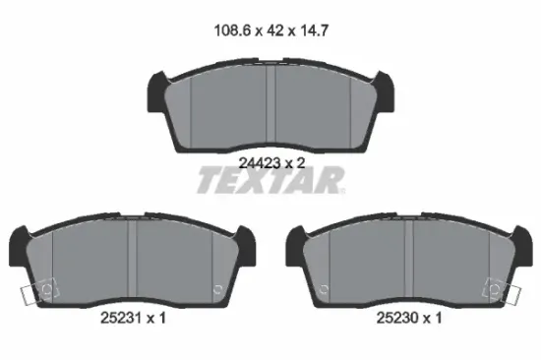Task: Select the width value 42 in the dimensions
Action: (x=275, y=30)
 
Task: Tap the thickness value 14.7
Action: (x=315, y=30)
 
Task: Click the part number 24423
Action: (x=260, y=163)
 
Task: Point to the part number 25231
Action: (x=121, y=318)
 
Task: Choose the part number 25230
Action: (x=397, y=318)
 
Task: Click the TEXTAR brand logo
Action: (x=270, y=180)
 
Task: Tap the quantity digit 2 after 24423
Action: (x=301, y=163)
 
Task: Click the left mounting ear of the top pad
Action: (x=156, y=91)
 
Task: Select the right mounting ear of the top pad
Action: (x=385, y=91)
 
